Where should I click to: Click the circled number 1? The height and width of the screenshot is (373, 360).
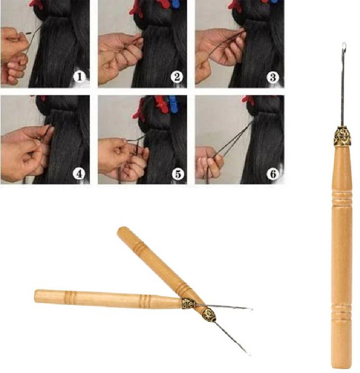point(79,77)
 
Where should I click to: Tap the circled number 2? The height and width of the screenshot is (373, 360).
point(177,77)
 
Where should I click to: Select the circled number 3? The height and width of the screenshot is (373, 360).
point(273,77)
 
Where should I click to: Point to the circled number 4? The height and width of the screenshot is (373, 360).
point(79,174)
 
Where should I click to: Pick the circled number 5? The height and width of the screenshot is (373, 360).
point(178,174)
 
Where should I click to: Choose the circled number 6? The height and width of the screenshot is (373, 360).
point(273,174)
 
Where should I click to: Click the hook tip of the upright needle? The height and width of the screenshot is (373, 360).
point(344,45)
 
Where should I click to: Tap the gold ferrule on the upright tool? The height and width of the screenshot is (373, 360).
point(342,137)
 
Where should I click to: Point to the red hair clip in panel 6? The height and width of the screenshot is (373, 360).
point(248,100)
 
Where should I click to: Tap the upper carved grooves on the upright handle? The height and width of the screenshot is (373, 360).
point(342,198)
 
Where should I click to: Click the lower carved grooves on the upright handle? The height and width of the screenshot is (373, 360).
point(342,310)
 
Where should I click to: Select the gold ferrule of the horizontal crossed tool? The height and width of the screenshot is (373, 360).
point(189,304)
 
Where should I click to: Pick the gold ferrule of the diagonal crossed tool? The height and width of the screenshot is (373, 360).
point(209,315)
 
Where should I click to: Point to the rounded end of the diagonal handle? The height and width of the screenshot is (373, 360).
point(122,230)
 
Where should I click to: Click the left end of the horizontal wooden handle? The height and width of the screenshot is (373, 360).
point(36,296)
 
